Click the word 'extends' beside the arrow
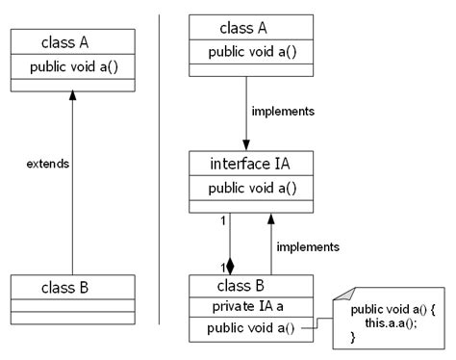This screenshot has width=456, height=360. click(x=48, y=164)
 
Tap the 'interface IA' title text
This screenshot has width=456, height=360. click(x=251, y=164)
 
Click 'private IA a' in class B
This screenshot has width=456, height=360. click(x=251, y=307)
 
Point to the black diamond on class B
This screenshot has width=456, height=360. click(x=230, y=266)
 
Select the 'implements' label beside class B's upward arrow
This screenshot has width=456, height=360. click(x=307, y=246)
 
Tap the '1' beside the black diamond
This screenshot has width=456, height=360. click(x=221, y=266)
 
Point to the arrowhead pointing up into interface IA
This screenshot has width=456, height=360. click(x=272, y=219)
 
